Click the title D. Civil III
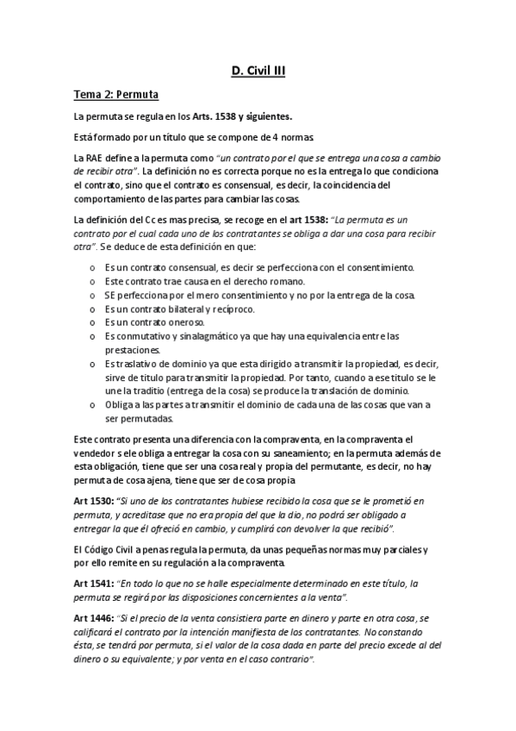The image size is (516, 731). coord(258,74)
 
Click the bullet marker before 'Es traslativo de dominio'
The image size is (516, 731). coord(92,364)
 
